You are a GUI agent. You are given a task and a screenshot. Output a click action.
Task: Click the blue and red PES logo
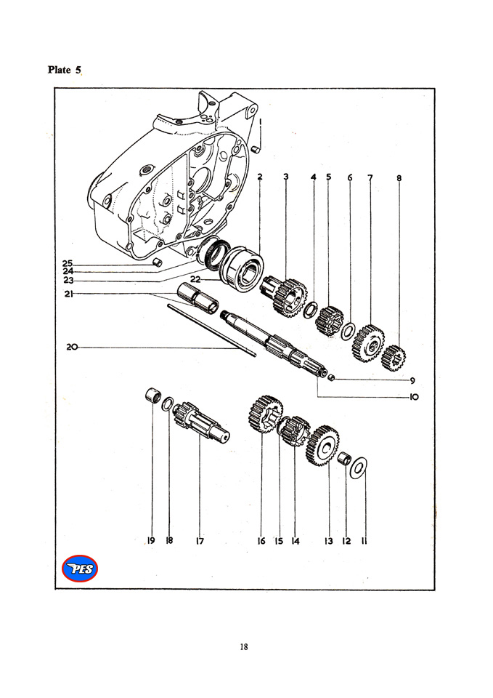point(80,568)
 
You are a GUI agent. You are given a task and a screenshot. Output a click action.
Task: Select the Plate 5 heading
point(65,70)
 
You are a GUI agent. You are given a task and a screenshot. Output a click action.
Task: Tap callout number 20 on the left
point(71,348)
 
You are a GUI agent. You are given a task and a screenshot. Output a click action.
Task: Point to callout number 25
point(67,263)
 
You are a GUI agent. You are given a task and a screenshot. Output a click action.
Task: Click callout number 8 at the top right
point(399,177)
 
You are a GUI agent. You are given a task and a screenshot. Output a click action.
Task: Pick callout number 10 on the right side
point(413,397)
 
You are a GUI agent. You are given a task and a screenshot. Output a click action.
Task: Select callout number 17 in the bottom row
point(199,540)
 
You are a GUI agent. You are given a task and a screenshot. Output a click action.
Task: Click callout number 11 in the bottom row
point(363,540)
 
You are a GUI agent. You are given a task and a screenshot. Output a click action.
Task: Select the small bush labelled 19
point(152,397)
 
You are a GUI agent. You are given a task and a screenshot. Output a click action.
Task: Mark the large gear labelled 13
point(323,444)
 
